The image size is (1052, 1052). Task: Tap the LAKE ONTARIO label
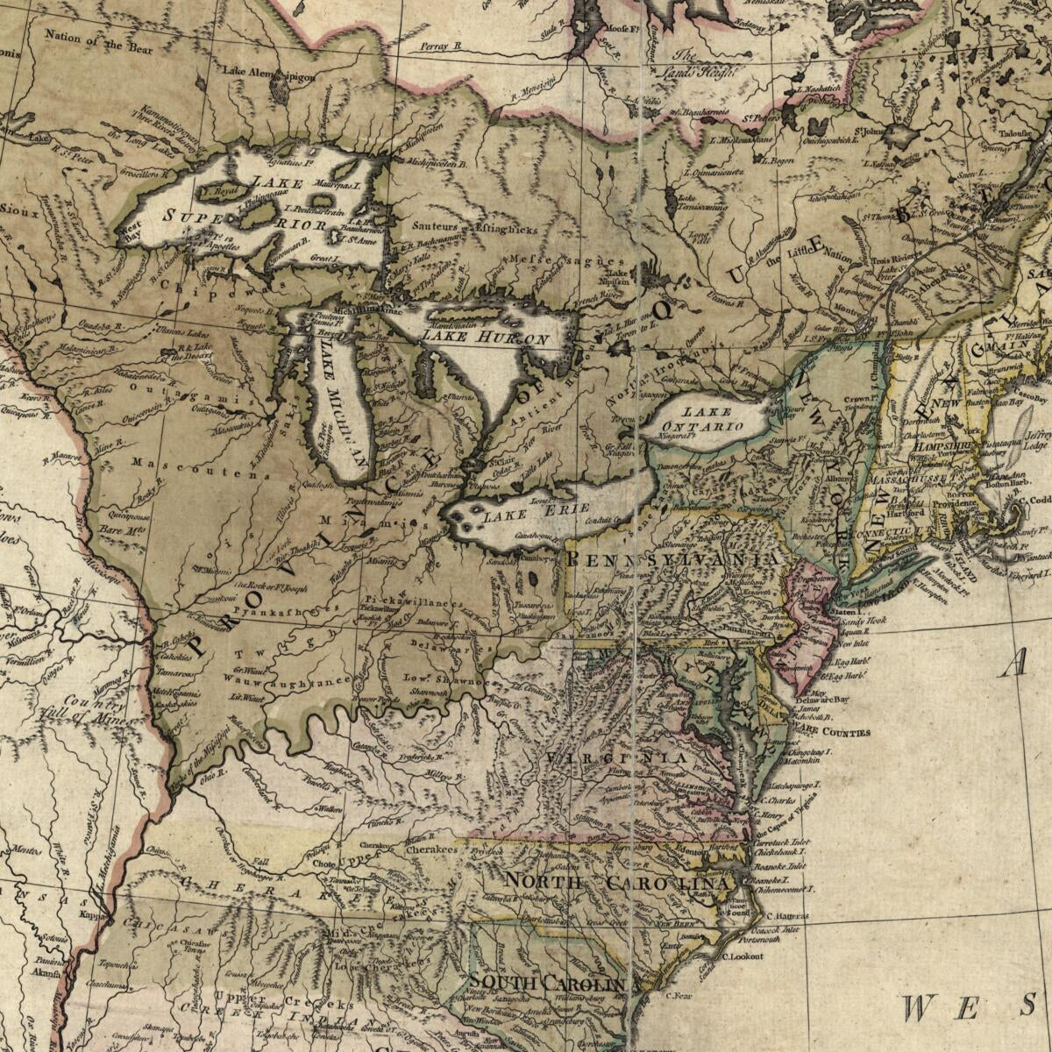[x=714, y=419]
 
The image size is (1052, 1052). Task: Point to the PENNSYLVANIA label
[x=673, y=558]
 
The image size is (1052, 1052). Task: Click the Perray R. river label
[x=440, y=46]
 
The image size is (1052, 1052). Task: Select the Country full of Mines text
[x=96, y=710]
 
